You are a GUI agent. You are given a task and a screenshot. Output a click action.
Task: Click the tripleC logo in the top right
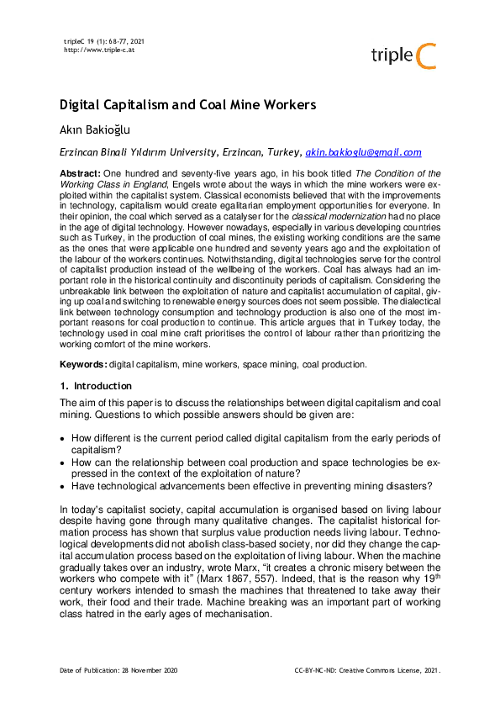[x=404, y=55]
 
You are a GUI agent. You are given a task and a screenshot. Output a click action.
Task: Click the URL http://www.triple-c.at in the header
[x=99, y=50]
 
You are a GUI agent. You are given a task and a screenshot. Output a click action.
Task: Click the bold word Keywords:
[x=83, y=364]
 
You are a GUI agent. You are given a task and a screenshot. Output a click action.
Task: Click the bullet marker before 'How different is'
[x=64, y=439]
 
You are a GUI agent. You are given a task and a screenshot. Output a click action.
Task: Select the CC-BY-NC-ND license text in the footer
[x=367, y=670]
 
